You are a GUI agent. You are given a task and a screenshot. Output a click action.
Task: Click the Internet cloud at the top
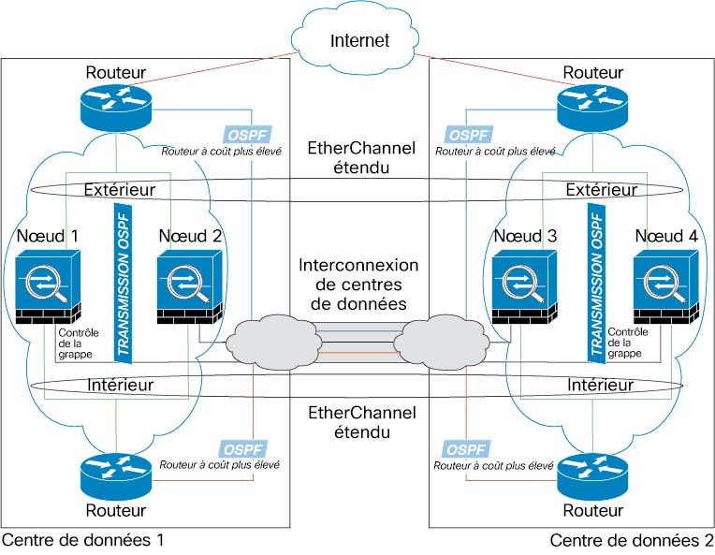coord(357,40)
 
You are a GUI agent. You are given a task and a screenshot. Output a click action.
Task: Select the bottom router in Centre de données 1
coord(116,475)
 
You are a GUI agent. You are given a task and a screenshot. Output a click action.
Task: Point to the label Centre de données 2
coord(631,540)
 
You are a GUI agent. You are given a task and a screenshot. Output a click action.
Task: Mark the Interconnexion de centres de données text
coord(357,284)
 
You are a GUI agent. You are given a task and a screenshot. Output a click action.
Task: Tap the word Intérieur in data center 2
coord(600,385)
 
